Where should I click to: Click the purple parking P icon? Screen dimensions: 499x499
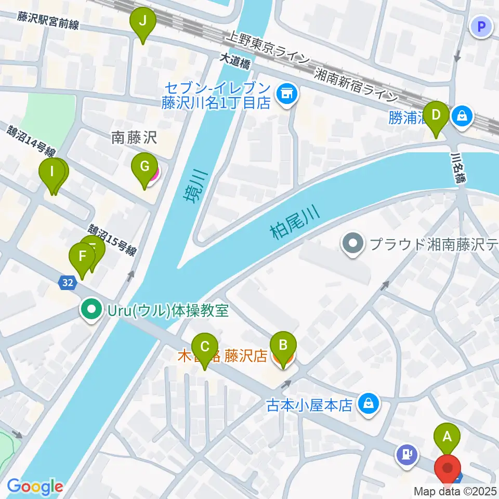point(481,26)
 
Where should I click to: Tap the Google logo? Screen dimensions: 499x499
point(35,487)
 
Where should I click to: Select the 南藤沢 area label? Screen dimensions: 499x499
point(134,138)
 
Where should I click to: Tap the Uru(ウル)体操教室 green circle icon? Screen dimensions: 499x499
point(91,311)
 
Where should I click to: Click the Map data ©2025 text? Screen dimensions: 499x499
point(455,491)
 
